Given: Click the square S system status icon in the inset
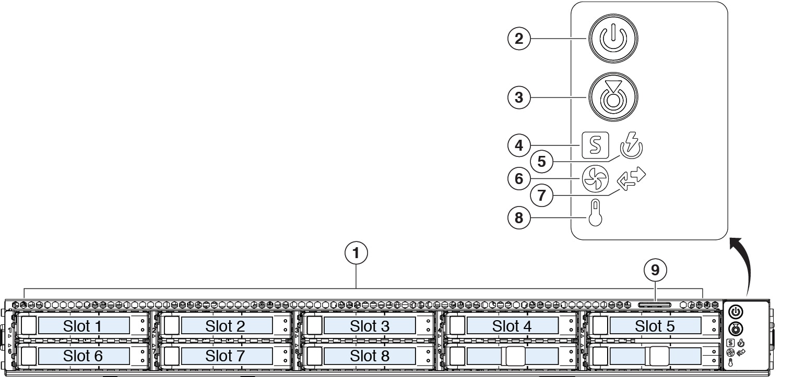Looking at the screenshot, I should tap(595, 145).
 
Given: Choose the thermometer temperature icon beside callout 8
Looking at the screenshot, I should tap(595, 213).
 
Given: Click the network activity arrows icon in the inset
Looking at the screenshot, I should tap(631, 178).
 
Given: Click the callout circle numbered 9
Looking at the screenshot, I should tap(655, 270).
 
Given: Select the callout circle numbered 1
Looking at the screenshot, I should tap(356, 254).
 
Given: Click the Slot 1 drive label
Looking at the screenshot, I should tap(82, 326).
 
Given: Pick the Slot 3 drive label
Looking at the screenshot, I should tap(370, 326).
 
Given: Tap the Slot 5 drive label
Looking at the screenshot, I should tap(655, 326).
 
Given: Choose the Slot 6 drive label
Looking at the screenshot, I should tap(82, 356).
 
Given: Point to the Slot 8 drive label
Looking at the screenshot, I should tap(370, 356).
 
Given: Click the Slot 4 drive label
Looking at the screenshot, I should tap(512, 326).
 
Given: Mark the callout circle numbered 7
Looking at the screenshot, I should tap(541, 196).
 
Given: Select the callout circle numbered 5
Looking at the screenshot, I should tap(541, 162).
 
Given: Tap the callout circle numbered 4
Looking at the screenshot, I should tap(519, 145).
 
